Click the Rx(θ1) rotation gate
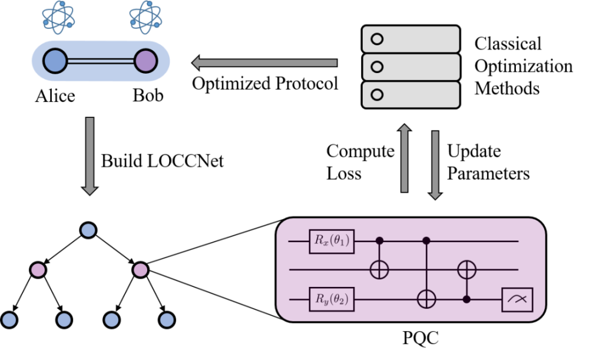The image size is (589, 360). click(x=332, y=242)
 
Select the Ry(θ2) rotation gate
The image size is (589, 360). click(x=332, y=300)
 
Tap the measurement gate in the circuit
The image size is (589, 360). click(x=517, y=300)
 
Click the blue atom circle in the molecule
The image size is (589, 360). click(x=55, y=61)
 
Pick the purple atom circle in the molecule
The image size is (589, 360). click(x=145, y=61)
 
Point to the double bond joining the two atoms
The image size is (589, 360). click(x=100, y=61)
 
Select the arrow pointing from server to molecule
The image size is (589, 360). click(x=264, y=62)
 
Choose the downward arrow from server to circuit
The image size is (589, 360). click(x=435, y=164)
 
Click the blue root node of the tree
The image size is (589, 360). click(x=88, y=230)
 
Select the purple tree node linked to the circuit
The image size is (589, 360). click(x=140, y=270)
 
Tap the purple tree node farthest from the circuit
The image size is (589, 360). click(x=38, y=270)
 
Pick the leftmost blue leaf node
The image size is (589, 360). click(x=9, y=320)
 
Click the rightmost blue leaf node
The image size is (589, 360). click(x=167, y=320)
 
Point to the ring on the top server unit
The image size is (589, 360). click(x=377, y=39)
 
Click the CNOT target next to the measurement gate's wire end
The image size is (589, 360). click(x=466, y=270)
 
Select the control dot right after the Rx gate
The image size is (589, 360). click(x=379, y=240)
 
